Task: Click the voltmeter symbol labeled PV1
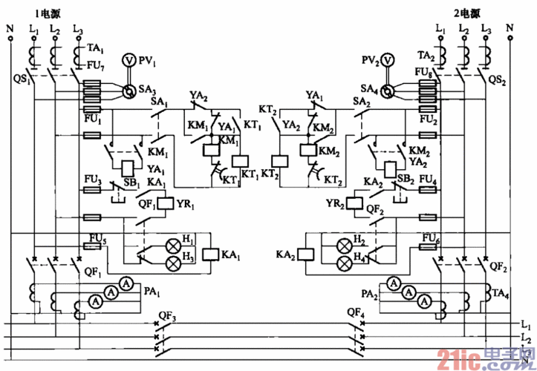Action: [x=128, y=58]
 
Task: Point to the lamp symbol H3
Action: [x=173, y=263]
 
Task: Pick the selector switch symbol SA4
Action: [x=387, y=91]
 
